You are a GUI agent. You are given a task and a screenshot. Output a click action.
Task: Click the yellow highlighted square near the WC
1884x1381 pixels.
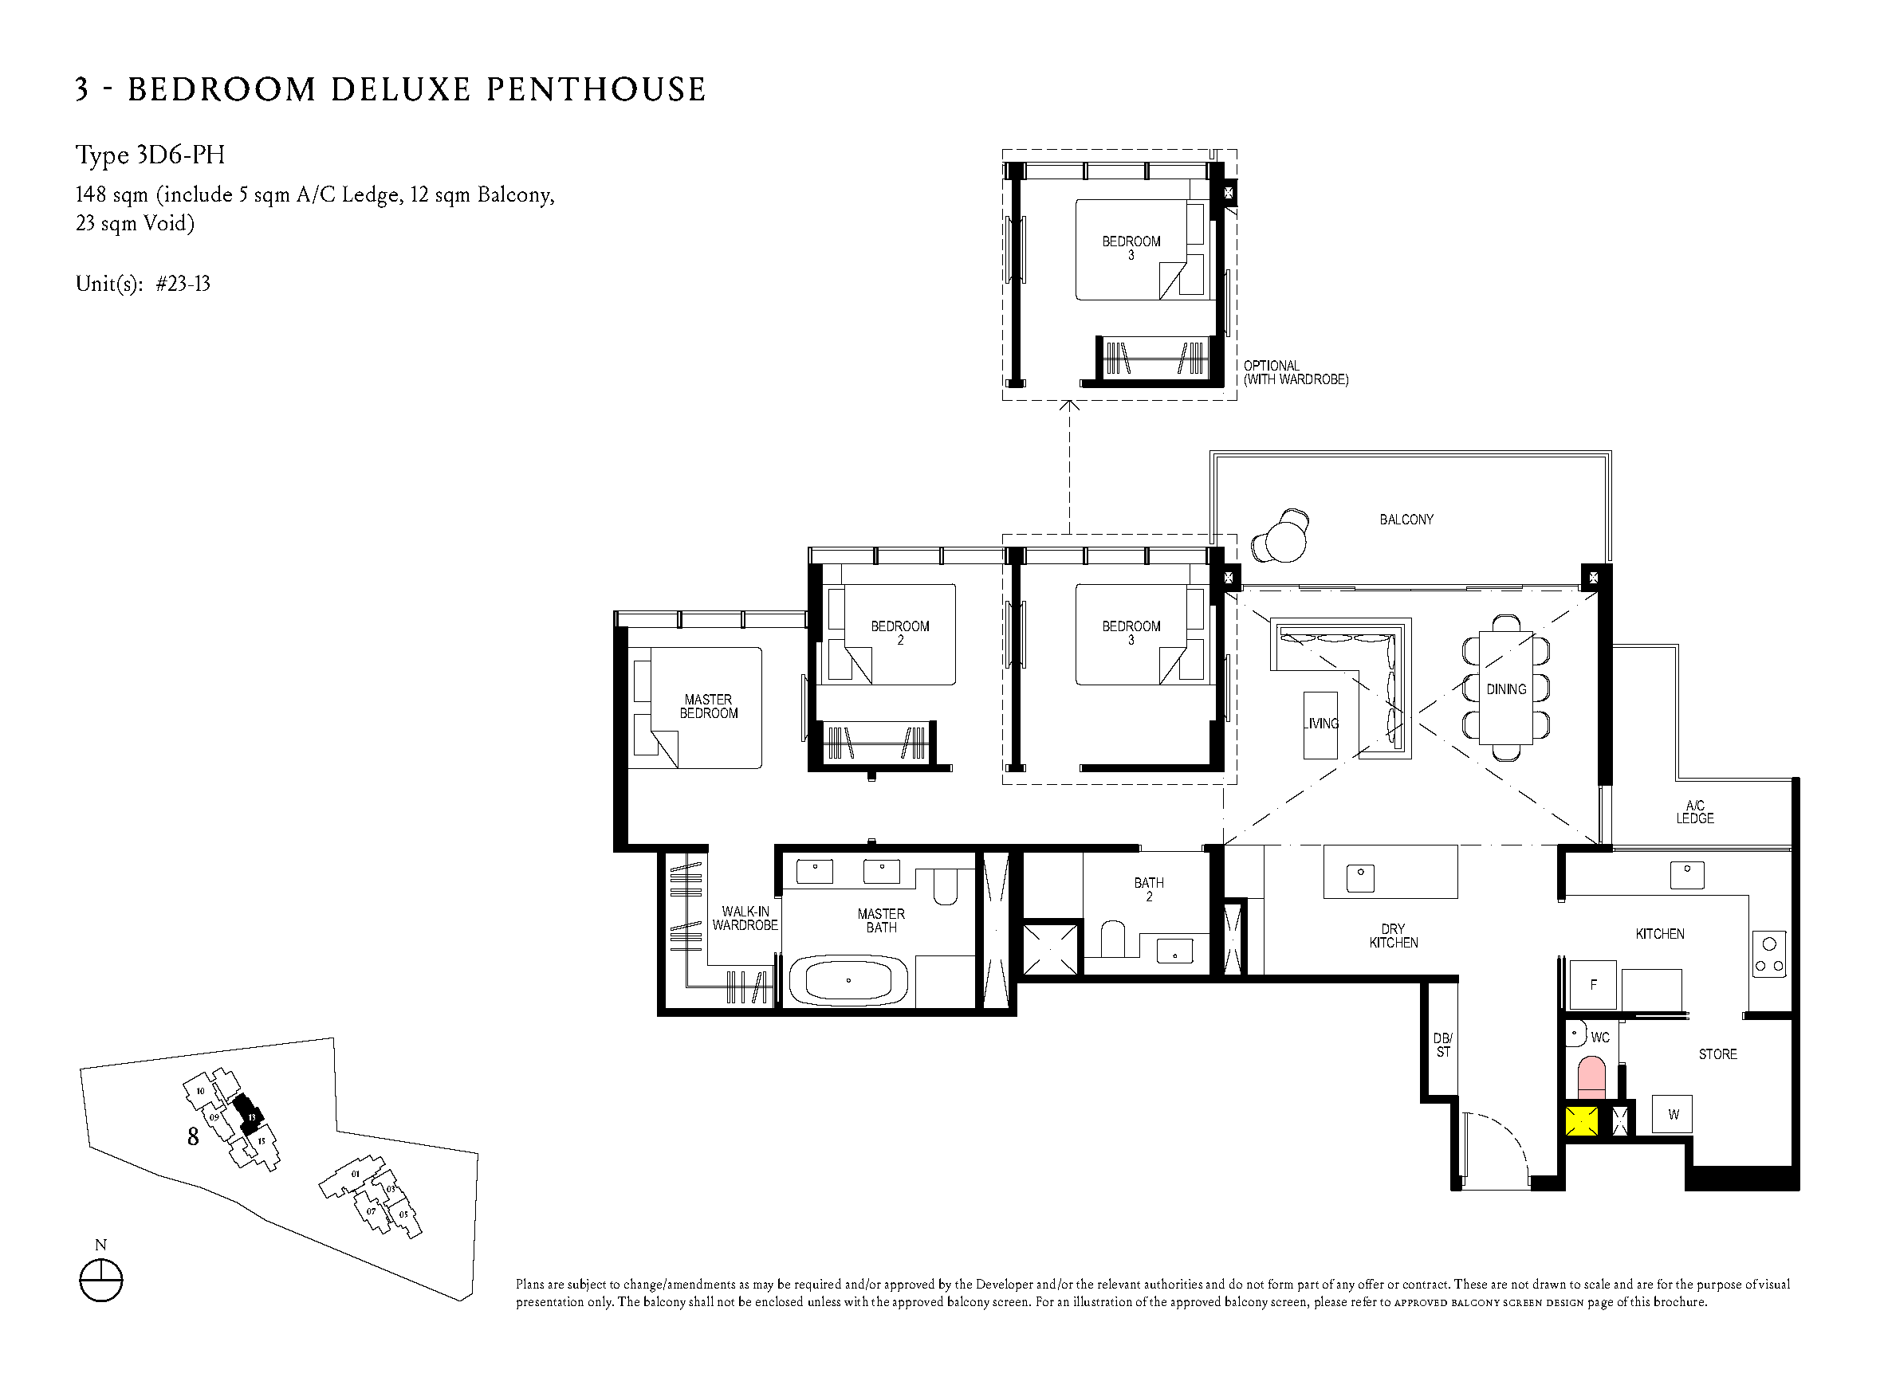(1581, 1121)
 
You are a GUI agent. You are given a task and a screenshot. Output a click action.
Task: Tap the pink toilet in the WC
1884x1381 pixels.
(1591, 1078)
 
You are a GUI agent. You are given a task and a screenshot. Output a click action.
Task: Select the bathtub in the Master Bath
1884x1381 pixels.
(848, 981)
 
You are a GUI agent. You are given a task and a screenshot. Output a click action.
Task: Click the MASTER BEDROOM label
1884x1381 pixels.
(708, 706)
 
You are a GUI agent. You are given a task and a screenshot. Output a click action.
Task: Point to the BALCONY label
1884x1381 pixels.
(1406, 520)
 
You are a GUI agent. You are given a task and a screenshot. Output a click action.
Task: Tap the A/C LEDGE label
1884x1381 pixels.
(1694, 812)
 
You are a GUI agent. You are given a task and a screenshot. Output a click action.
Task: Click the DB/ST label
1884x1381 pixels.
(1442, 1045)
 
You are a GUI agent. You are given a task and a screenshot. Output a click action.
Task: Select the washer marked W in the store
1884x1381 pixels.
(1673, 1114)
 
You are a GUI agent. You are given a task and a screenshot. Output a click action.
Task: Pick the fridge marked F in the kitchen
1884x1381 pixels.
(1593, 984)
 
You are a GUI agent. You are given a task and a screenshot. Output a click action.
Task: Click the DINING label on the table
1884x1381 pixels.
(1506, 689)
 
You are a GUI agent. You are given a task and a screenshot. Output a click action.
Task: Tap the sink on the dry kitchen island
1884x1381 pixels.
(1360, 877)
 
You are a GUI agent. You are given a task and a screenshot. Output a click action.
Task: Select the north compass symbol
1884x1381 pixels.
(100, 1280)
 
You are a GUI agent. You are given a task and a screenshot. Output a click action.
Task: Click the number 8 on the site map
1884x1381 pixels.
(193, 1137)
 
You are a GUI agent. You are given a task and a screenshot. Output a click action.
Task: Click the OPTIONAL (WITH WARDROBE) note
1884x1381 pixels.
(1296, 373)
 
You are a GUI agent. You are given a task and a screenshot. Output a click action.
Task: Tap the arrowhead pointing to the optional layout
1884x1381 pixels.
(1068, 406)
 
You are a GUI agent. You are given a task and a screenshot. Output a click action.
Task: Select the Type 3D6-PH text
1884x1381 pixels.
(151, 155)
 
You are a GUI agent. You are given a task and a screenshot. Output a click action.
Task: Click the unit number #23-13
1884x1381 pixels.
(183, 284)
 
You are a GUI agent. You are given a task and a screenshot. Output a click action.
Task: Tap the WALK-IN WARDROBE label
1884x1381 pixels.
(745, 918)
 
